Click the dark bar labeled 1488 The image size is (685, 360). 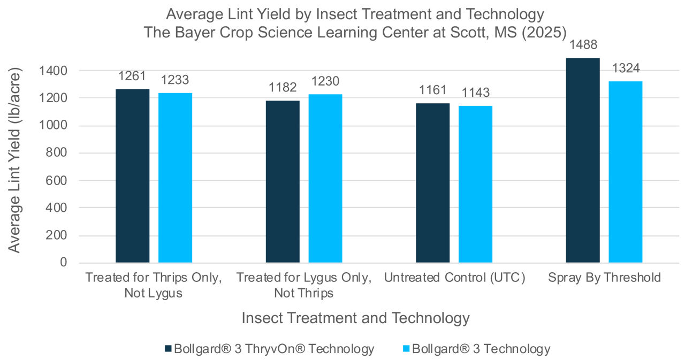[583, 160]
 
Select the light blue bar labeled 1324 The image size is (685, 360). [625, 172]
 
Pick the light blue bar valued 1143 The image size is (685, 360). [475, 184]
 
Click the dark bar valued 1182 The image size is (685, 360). [283, 181]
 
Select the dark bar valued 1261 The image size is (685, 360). [133, 176]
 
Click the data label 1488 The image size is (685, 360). [583, 45]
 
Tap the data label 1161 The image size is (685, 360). [432, 90]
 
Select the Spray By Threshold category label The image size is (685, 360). [604, 278]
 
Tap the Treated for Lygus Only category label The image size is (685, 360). [303, 285]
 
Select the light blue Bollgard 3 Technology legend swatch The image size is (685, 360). [405, 349]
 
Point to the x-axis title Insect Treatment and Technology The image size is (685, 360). [355, 318]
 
